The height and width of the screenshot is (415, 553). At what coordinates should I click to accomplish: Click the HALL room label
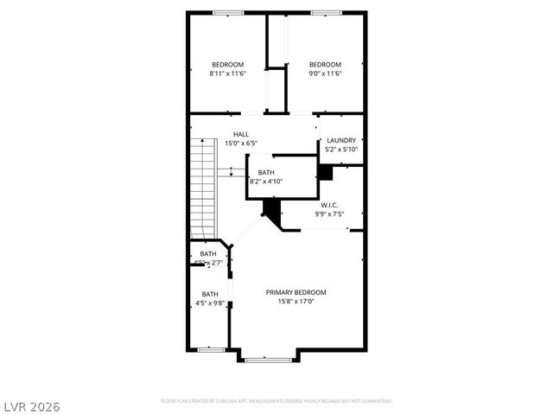point(240,134)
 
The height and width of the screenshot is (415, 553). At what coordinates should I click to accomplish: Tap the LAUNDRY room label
point(340,140)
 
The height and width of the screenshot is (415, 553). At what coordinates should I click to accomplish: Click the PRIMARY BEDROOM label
point(296,292)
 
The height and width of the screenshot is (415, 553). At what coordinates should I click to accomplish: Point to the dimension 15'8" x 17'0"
point(296,302)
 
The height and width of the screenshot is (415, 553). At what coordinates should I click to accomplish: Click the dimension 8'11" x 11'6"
point(228,73)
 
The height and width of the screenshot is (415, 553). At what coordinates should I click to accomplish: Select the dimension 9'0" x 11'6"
point(325,73)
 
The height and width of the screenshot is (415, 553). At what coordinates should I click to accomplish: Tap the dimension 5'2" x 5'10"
point(340,150)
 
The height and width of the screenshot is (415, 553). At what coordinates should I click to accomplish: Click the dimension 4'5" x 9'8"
point(211,303)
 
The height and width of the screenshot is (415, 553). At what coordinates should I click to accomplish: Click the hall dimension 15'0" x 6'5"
point(241,144)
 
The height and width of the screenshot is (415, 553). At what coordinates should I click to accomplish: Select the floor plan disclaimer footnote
point(276,401)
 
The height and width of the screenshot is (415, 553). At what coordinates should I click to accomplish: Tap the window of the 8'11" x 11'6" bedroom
point(228,12)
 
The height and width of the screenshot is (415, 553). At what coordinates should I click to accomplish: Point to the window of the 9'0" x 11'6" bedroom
point(325,12)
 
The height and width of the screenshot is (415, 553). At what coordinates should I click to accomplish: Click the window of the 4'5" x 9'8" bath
point(210,350)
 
